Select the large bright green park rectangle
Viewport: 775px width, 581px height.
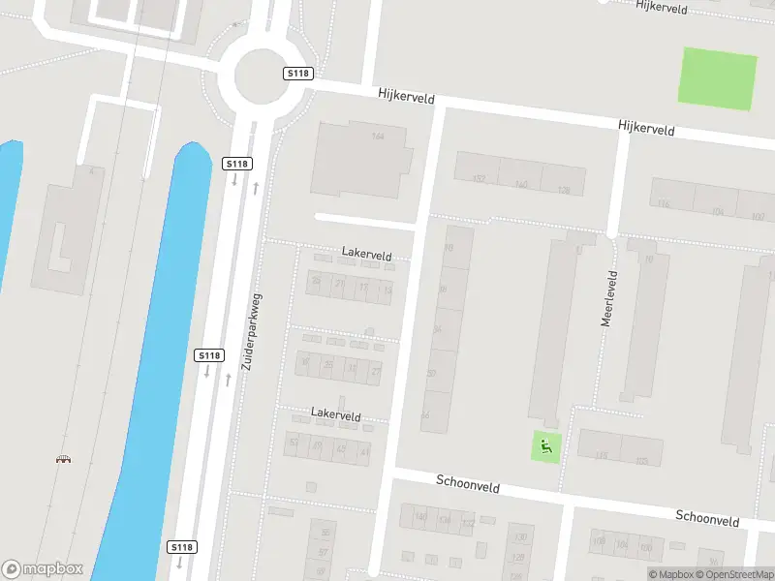click(x=718, y=78)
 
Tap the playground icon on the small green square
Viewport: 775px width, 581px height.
click(x=546, y=446)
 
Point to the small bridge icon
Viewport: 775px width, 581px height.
click(x=64, y=458)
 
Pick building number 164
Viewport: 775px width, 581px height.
click(x=378, y=137)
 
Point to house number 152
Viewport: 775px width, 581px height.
click(x=479, y=179)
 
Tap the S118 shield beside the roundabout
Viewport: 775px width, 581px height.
click(x=297, y=74)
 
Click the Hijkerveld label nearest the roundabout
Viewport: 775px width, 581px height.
click(x=405, y=98)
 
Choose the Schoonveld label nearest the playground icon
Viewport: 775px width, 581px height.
click(x=468, y=483)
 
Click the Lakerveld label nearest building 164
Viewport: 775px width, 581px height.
click(x=366, y=254)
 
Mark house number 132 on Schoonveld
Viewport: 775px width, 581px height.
click(x=468, y=522)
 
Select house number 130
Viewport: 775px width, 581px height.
click(x=520, y=537)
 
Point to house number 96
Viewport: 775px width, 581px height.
click(x=713, y=562)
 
